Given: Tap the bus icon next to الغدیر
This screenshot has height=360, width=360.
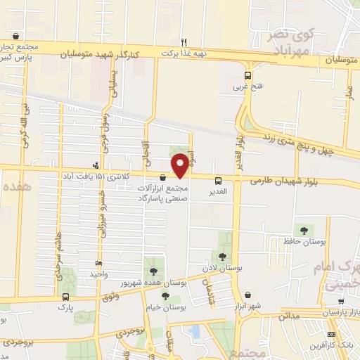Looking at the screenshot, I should pos(218,181).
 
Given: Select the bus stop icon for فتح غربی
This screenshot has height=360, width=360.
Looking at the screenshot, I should pos(247,76).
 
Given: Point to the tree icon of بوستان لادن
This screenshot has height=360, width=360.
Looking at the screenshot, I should pos(222,257).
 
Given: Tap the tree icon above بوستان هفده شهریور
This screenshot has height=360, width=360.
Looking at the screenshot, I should pos(152,271).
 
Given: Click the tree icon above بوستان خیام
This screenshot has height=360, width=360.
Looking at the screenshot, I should pos(165,297).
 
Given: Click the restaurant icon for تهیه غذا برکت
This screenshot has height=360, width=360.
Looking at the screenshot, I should pos(184,41).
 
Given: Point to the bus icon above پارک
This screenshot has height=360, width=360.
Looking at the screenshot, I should pos(65,297).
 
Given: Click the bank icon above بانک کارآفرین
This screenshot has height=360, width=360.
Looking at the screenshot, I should pos(332,333).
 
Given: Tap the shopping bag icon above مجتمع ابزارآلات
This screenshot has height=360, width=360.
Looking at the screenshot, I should pos(163,178).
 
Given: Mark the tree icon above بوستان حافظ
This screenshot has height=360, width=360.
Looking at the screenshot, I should pos(304,230).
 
